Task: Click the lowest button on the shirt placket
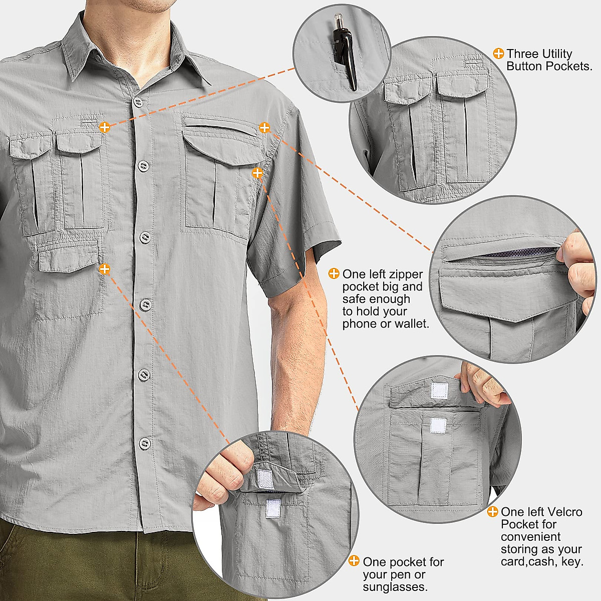145,443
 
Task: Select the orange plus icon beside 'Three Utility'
498,54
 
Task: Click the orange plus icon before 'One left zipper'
334,273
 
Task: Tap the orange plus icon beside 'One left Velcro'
493,511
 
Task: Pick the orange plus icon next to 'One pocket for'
354,561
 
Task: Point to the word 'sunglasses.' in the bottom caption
395,586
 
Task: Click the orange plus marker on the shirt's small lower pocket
104,269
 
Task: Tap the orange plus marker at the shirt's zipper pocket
264,128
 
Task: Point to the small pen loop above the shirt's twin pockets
89,122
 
